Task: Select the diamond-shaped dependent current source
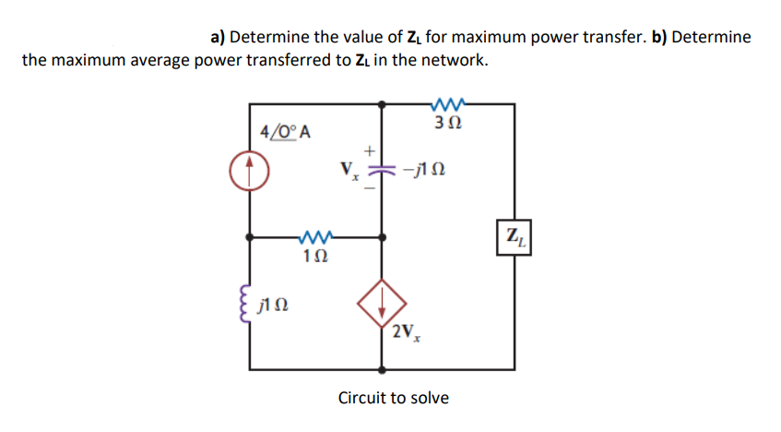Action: click(x=382, y=302)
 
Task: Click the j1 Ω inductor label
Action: click(x=276, y=305)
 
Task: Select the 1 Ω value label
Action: click(x=315, y=257)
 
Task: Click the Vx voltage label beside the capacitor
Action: click(x=349, y=171)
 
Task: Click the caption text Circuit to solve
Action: click(x=394, y=398)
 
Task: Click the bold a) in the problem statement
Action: click(x=219, y=37)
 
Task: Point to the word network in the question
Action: click(x=453, y=61)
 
